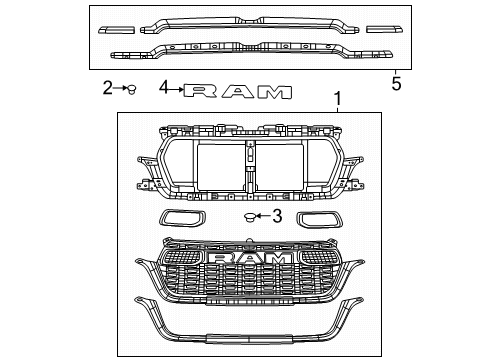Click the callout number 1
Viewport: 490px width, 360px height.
(x=337, y=100)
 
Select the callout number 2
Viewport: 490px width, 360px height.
(x=108, y=89)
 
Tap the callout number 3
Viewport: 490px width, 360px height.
(x=278, y=216)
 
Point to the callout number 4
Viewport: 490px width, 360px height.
(x=163, y=89)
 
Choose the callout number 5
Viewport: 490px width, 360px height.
(x=396, y=85)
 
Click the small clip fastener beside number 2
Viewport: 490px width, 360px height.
(x=130, y=90)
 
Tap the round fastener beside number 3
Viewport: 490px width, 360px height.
(x=249, y=217)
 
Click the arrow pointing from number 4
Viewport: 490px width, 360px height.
(x=176, y=89)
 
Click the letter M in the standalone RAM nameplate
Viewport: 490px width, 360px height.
(x=273, y=91)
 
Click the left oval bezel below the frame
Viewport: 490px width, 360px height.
(x=181, y=221)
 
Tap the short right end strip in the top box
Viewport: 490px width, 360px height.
(x=380, y=30)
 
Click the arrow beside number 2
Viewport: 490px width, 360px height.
(x=119, y=89)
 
